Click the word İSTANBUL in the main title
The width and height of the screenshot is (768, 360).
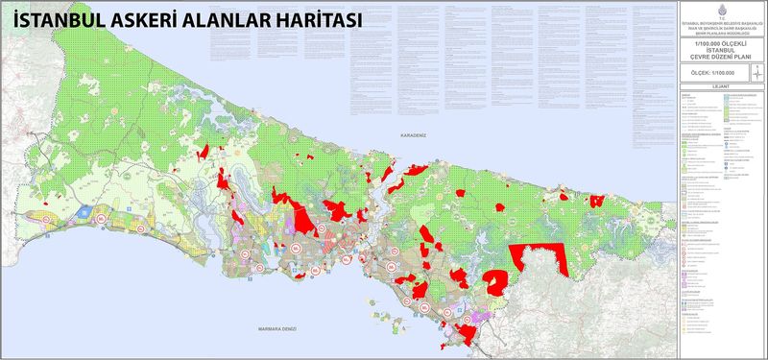click(55, 19)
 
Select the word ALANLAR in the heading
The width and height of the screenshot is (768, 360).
click(237, 19)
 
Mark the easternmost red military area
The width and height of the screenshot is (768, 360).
click(596, 201)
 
